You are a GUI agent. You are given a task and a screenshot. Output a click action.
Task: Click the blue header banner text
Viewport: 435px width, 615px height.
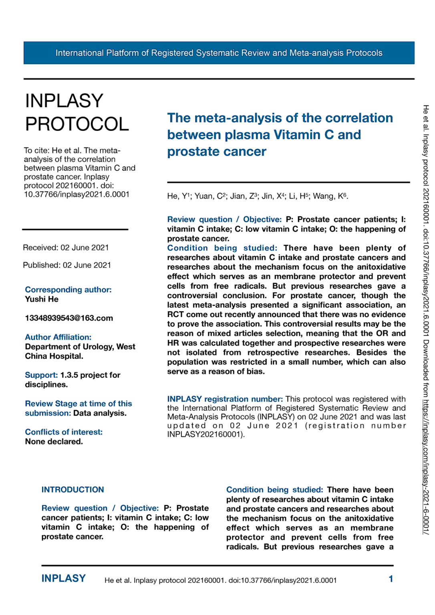(219, 53)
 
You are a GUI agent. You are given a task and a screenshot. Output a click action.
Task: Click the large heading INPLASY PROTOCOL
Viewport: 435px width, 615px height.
(77, 112)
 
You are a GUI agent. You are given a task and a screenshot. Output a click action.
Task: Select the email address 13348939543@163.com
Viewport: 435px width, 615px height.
(69, 318)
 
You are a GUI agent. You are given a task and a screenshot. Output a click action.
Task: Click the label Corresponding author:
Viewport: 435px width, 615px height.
(68, 289)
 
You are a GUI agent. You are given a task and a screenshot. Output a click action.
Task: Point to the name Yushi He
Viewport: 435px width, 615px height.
(42, 299)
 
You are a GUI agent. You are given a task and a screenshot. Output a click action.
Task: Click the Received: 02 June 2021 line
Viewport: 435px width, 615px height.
(66, 248)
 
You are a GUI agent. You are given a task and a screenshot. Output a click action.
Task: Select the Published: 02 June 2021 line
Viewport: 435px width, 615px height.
(67, 265)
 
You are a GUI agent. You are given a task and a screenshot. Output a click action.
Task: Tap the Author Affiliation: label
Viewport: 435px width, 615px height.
(58, 337)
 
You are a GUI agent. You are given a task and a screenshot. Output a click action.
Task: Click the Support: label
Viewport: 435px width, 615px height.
(41, 375)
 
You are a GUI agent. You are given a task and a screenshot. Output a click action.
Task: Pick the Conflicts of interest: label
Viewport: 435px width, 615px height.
(64, 432)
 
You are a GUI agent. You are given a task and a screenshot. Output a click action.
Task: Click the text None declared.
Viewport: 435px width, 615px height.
(54, 442)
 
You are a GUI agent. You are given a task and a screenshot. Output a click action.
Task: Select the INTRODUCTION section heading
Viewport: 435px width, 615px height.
(72, 490)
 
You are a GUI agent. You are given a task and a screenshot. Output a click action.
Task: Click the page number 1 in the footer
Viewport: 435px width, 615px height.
(391, 579)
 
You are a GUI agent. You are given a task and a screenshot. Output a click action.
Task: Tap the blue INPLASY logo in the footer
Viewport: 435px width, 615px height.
(63, 579)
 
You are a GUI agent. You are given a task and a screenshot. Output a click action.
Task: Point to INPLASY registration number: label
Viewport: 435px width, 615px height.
(225, 399)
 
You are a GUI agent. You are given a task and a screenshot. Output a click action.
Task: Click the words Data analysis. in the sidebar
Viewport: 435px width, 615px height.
(100, 413)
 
